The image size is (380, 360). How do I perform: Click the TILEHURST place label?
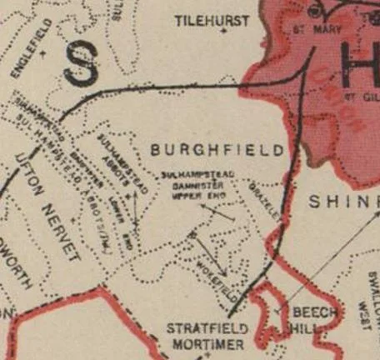point(212,20)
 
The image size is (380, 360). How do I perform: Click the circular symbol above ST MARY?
point(314,11)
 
